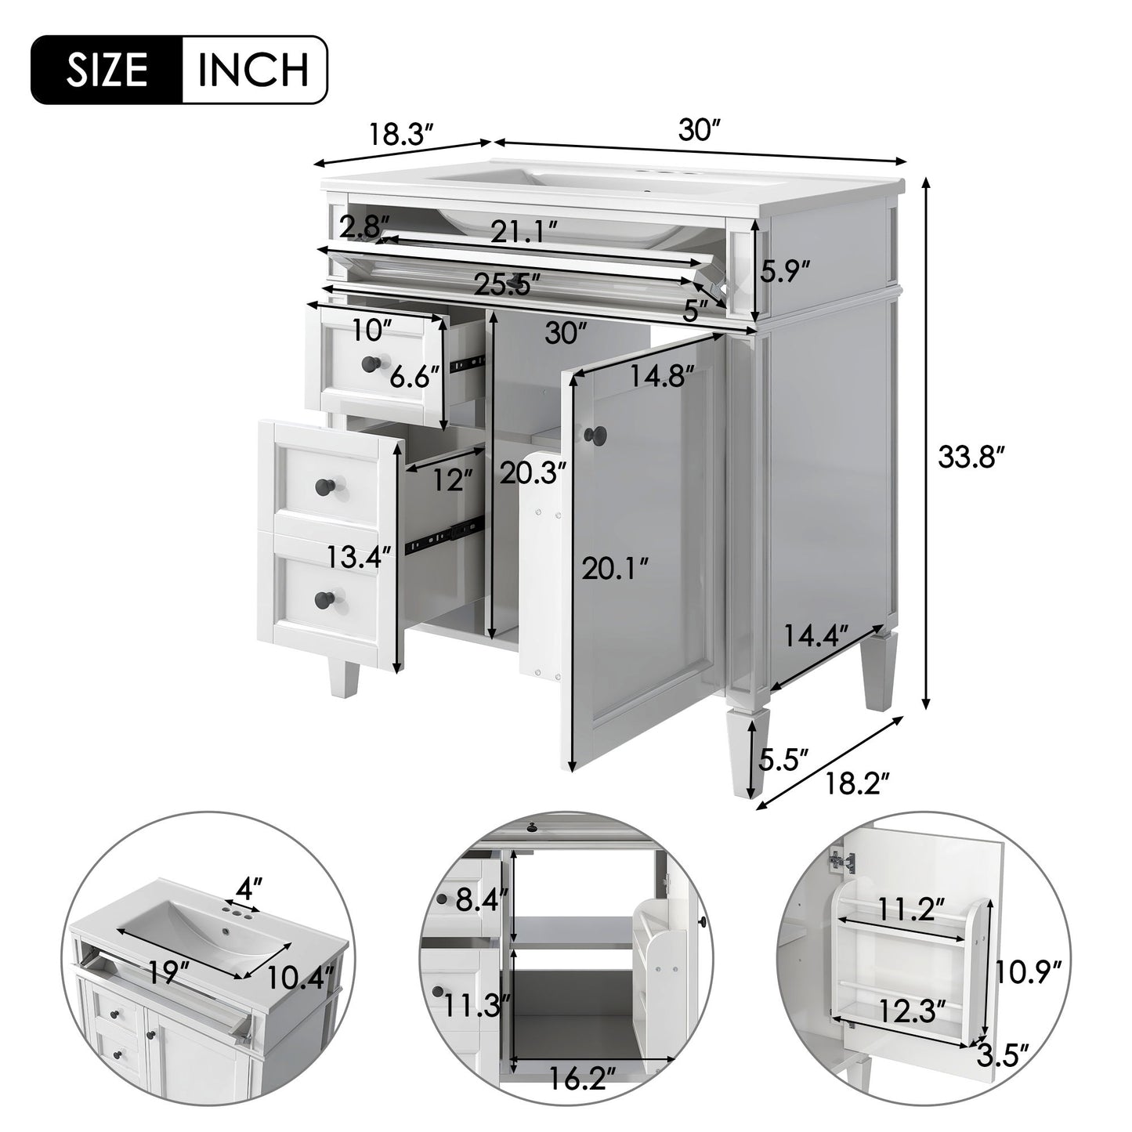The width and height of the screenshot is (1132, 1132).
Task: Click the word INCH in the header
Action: (x=253, y=71)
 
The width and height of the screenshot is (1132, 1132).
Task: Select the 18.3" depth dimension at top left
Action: (x=400, y=134)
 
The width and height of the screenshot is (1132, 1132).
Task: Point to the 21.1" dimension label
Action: (x=524, y=231)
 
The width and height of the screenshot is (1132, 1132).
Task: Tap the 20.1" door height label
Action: (x=615, y=569)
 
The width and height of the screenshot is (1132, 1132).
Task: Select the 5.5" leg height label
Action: (x=783, y=758)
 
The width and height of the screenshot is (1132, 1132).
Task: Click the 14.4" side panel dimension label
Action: (x=817, y=635)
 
